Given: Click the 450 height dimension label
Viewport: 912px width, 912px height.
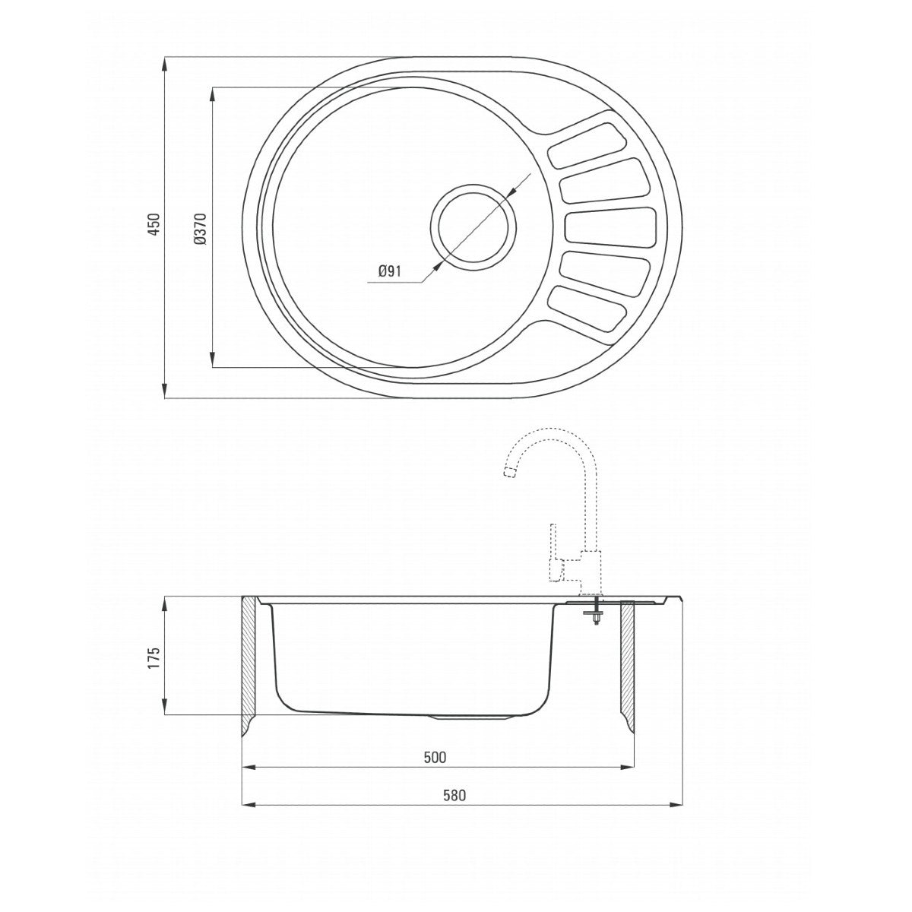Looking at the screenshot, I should click(154, 226).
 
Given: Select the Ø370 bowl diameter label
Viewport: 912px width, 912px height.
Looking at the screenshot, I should click(200, 228).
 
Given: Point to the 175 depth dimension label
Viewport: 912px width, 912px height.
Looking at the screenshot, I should click(154, 657).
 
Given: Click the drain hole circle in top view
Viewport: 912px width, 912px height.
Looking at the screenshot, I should click(473, 226).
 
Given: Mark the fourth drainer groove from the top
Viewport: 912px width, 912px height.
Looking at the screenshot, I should click(605, 271).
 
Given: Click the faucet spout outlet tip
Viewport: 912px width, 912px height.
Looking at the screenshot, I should click(508, 474).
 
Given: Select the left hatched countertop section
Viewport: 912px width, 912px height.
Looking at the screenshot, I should click(249, 661).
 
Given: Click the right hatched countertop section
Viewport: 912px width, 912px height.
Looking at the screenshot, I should click(629, 661).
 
